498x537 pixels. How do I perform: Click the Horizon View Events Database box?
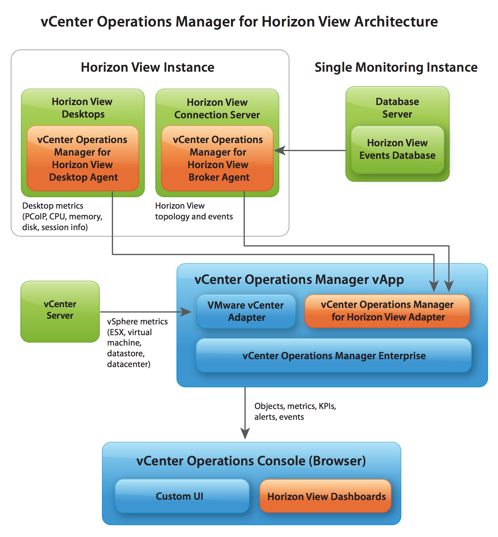pyautogui.click(x=397, y=149)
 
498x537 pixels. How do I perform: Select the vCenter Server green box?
pyautogui.click(x=60, y=312)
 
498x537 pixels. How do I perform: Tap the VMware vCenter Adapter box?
pyautogui.click(x=246, y=311)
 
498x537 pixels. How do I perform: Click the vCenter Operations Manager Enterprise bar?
pyautogui.click(x=334, y=356)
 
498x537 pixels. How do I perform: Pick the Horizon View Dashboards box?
pyautogui.click(x=325, y=496)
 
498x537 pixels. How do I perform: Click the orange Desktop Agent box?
pyautogui.click(x=83, y=158)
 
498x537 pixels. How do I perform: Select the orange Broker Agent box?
pyautogui.click(x=217, y=158)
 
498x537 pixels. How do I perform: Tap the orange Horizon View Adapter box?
pyautogui.click(x=387, y=311)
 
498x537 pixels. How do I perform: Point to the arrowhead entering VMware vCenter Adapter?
pyautogui.click(x=186, y=312)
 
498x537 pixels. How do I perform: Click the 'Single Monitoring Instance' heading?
pyautogui.click(x=396, y=67)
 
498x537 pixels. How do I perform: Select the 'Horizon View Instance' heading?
pyautogui.click(x=147, y=67)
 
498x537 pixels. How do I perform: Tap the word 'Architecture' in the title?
pyautogui.click(x=396, y=22)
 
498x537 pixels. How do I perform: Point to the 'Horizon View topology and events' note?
pyautogui.click(x=194, y=211)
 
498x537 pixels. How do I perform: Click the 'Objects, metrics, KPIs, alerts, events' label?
pyautogui.click(x=295, y=411)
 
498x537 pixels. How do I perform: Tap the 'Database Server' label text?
pyautogui.click(x=397, y=108)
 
